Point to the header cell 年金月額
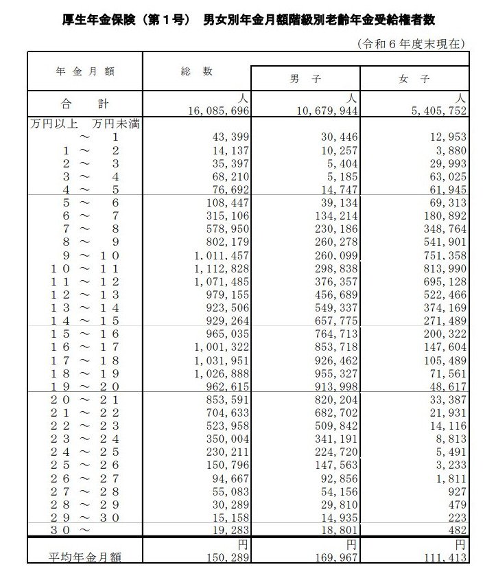(84, 71)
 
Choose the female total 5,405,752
(436, 111)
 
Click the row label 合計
(84, 104)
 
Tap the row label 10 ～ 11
(84, 268)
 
